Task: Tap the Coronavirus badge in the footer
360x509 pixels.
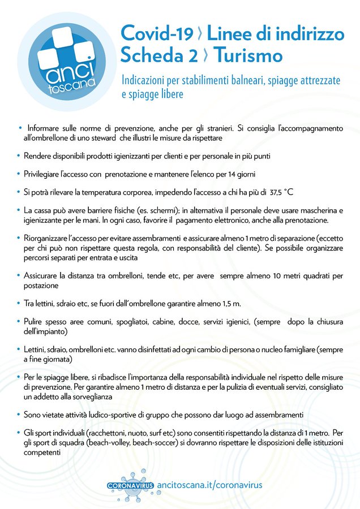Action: [130, 486]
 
